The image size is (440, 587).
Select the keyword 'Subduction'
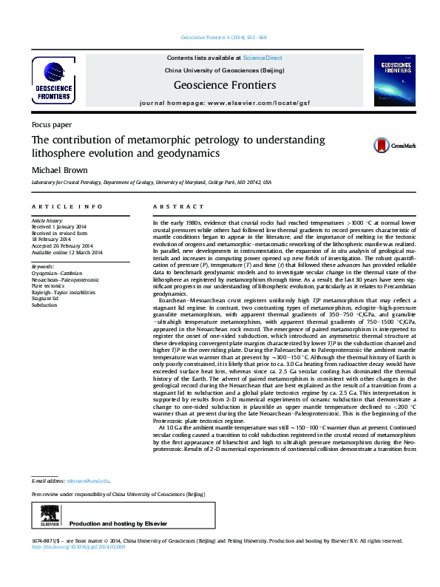tap(44, 305)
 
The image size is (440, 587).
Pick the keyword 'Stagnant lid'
tap(47, 299)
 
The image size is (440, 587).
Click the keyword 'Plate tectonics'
tap(48, 287)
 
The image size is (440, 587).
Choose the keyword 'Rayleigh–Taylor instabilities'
tap(63, 293)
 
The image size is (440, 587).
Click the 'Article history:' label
tap(47, 221)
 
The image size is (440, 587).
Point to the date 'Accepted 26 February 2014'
tap(61, 245)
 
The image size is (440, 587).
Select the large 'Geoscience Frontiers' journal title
tap(225, 85)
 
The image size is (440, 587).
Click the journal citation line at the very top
tap(224, 38)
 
